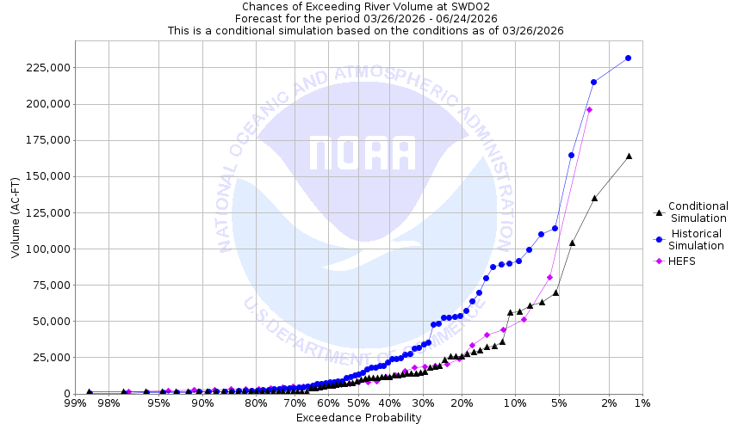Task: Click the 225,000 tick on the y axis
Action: click(45, 68)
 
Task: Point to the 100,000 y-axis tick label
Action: click(45, 249)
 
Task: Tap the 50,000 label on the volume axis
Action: click(48, 322)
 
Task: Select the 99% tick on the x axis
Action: click(75, 403)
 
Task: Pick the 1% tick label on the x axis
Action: click(642, 403)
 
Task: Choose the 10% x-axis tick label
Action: click(514, 403)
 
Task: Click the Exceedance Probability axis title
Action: click(358, 418)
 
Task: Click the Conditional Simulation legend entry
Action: click(698, 212)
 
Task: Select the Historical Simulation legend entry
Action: click(698, 239)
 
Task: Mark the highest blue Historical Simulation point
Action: click(629, 58)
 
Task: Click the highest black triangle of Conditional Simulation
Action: click(629, 156)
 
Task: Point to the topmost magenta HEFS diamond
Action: click(589, 109)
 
